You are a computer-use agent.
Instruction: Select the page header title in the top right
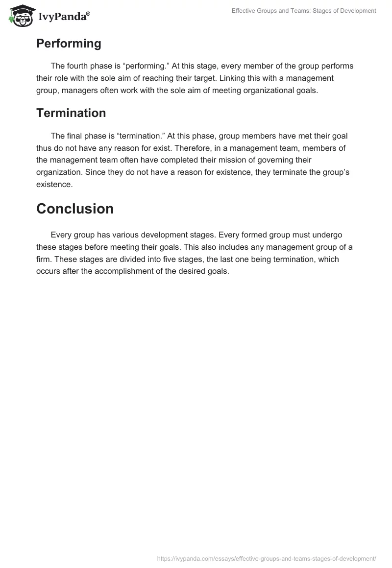[304, 11]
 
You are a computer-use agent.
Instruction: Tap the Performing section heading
[69, 44]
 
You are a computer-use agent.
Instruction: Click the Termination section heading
[71, 113]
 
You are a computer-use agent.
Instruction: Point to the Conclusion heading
[75, 209]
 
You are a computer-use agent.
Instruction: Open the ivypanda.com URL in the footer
[267, 558]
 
